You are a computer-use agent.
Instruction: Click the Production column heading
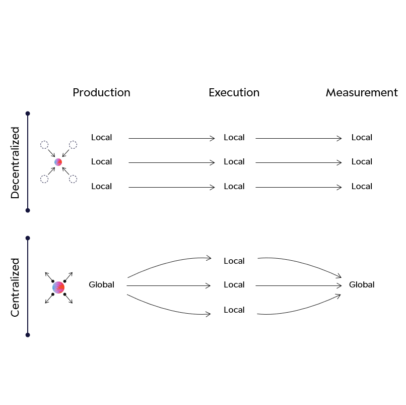coord(101,93)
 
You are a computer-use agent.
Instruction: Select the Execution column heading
coord(234,93)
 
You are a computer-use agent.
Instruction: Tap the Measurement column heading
coord(361,93)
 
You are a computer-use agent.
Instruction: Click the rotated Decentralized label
coord(15,162)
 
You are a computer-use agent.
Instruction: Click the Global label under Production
coord(101,285)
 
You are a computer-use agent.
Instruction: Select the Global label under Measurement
coord(362,285)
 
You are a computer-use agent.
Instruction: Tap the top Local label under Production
coord(101,138)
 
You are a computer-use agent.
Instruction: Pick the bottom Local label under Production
coord(101,187)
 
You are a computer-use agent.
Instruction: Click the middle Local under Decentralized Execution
coord(234,162)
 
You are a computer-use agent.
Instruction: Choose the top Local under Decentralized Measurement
coord(362,138)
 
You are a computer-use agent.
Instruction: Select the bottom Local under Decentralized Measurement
coord(362,187)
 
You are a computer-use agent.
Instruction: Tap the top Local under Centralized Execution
coord(234,261)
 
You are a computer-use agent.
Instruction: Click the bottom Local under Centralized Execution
coord(234,310)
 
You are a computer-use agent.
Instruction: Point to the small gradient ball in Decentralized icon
coord(58,162)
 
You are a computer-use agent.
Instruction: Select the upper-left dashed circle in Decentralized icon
coord(44,145)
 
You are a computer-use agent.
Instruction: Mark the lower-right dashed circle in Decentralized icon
coord(73,179)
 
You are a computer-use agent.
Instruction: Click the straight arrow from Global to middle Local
coord(169,285)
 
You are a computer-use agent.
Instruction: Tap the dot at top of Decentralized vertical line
coord(28,113)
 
